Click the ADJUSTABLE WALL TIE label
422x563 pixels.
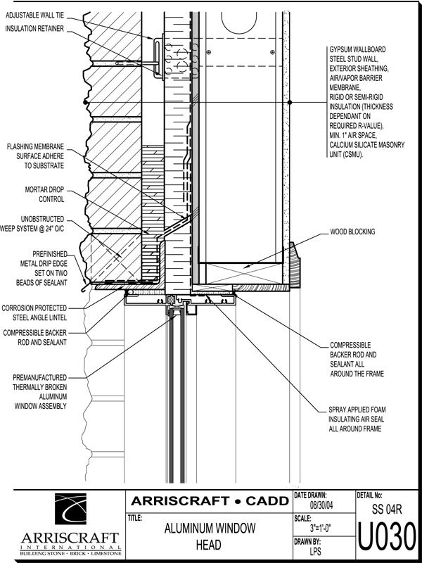34,16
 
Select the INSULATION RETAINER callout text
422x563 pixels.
34,29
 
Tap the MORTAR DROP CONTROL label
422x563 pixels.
44,194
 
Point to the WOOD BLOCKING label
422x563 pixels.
352,232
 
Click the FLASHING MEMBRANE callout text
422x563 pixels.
35,156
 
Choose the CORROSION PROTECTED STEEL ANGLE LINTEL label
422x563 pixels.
34,312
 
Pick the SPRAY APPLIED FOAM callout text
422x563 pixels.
357,419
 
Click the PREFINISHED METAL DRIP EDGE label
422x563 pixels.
41,268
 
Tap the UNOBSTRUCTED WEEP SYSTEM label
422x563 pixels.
32,224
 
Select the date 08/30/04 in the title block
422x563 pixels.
321,505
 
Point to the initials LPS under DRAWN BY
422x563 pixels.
315,551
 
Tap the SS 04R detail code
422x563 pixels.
386,510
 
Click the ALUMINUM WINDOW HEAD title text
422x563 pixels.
210,536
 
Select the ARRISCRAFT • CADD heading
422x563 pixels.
210,501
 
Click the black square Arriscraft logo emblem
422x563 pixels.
70,509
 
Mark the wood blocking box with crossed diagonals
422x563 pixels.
240,273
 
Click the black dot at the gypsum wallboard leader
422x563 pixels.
290,102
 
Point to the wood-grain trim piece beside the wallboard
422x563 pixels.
295,265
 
